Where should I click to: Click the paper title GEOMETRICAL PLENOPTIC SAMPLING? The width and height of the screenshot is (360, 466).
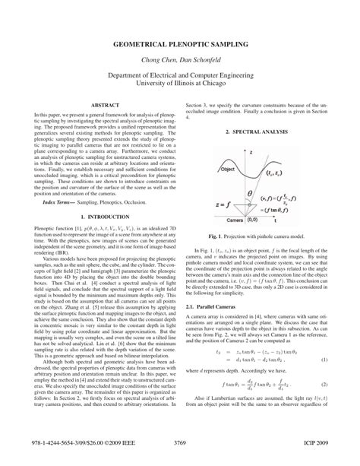[179, 46]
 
